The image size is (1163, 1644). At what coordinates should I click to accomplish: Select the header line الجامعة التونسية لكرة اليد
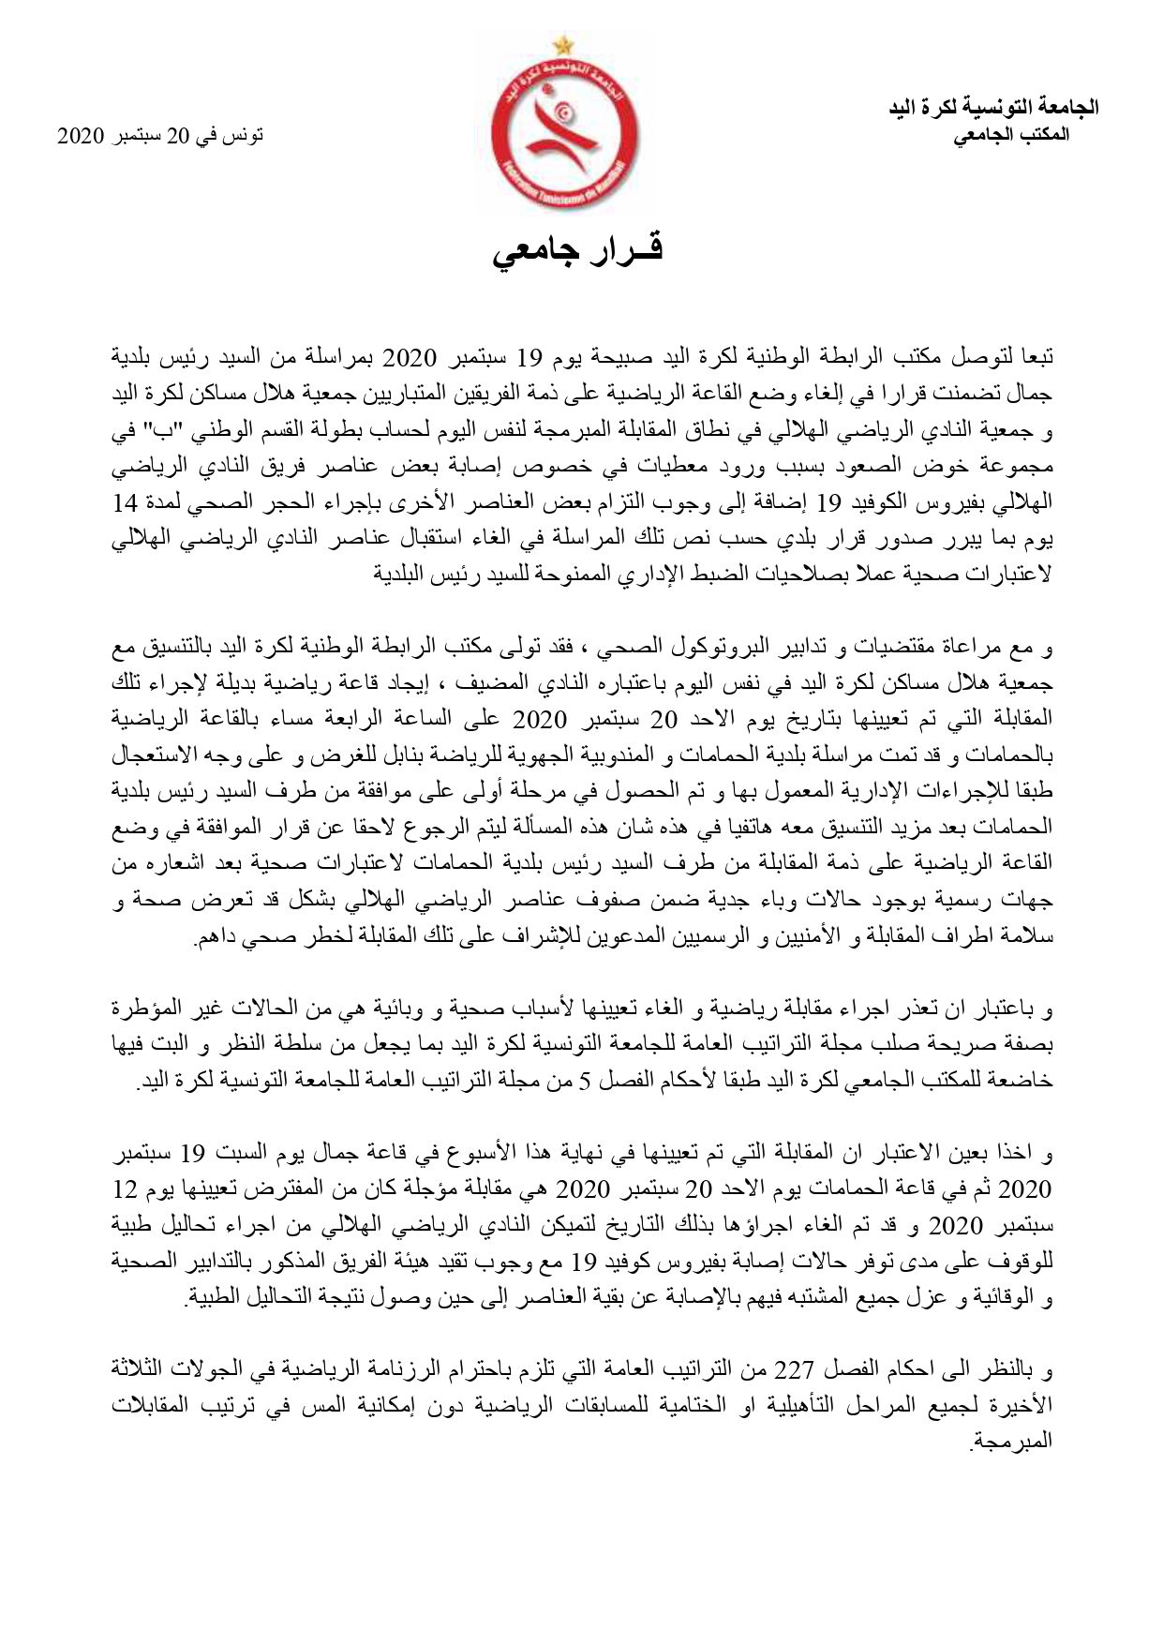[994, 108]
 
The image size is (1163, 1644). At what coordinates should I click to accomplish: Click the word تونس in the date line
[246, 136]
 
